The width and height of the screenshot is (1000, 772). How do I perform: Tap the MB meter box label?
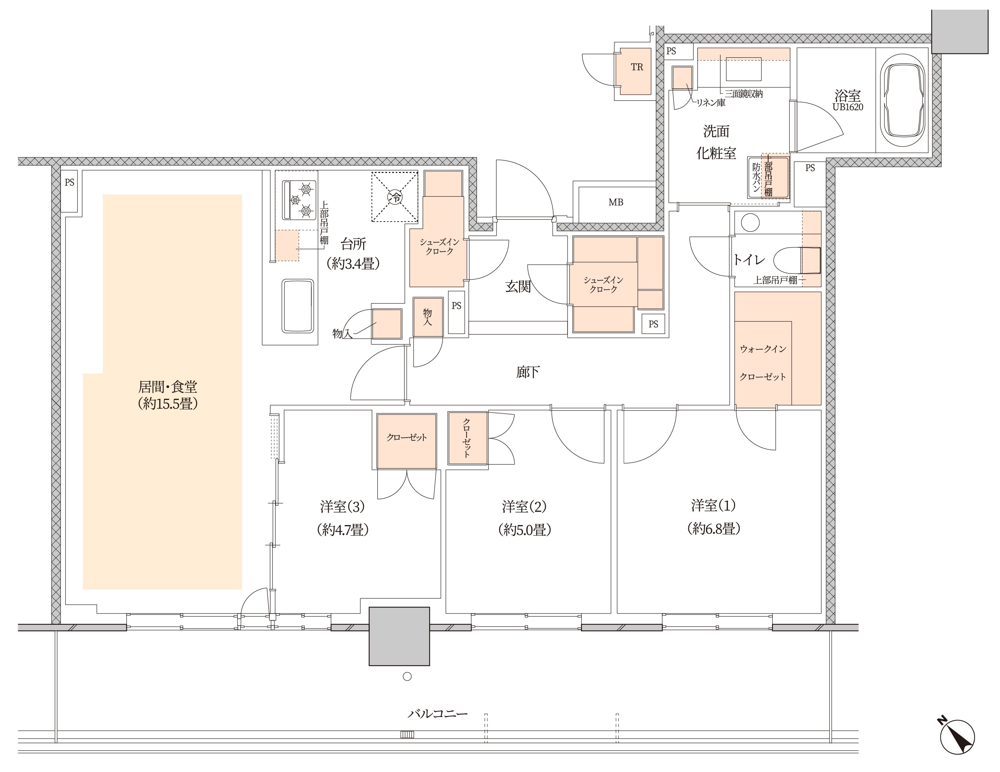coord(616,202)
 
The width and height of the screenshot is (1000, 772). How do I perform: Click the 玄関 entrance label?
coord(518,287)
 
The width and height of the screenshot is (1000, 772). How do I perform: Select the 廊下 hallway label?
coord(527,372)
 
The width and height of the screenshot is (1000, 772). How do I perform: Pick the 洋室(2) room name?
coord(524,507)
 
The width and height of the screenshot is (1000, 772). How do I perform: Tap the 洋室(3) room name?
coord(343,507)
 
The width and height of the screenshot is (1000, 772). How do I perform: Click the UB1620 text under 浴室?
coord(847,107)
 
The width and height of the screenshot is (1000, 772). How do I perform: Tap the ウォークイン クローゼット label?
coord(763,363)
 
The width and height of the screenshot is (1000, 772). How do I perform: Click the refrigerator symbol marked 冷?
coord(395,197)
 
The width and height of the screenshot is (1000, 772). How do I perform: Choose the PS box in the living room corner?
coord(69,191)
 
